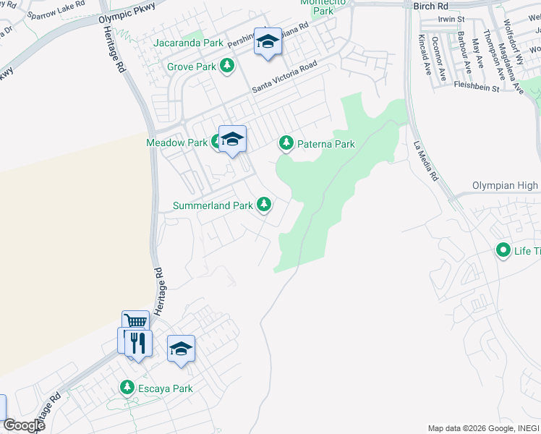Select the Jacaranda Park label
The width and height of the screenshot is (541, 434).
click(x=188, y=43)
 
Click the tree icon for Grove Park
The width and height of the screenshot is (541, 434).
click(x=227, y=67)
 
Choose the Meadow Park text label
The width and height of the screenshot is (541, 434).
click(x=177, y=142)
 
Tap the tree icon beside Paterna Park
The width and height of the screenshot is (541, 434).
click(x=286, y=144)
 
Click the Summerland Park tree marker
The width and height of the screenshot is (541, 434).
click(x=264, y=205)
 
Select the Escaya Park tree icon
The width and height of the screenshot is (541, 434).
click(x=127, y=388)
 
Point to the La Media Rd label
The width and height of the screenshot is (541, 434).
click(x=426, y=160)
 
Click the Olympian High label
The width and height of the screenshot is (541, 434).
click(x=506, y=185)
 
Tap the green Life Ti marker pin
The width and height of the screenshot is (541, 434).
click(x=503, y=251)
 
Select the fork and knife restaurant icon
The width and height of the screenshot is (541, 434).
click(x=138, y=342)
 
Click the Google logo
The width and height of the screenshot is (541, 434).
click(x=23, y=425)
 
